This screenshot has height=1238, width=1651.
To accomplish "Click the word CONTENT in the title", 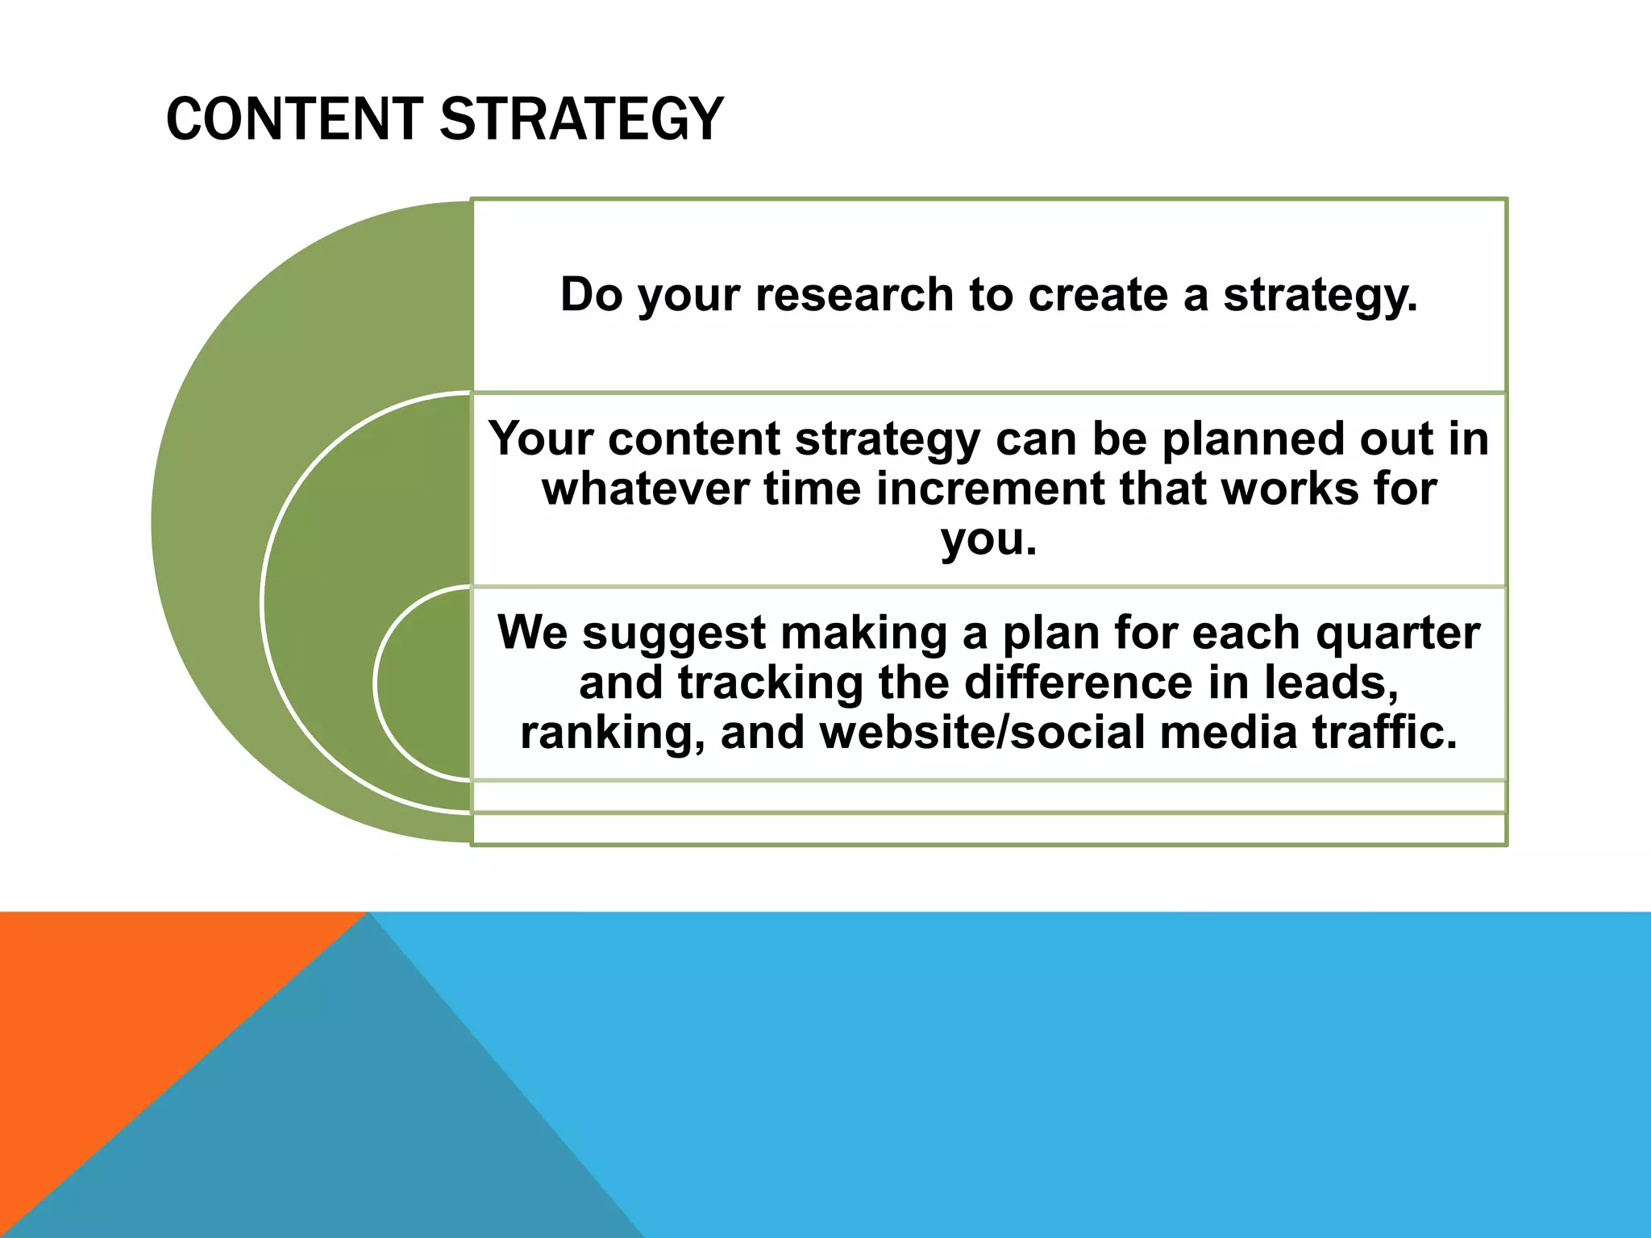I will pos(293,119).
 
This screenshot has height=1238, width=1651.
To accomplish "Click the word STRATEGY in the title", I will pos(581,119).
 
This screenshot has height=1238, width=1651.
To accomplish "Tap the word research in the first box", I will pos(855,294).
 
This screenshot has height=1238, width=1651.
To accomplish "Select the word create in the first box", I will pos(1098,294).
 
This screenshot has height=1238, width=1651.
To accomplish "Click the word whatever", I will pos(645,489).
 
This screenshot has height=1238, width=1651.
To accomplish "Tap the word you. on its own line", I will pos(988,539).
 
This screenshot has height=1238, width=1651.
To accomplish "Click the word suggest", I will pos(674,633).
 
